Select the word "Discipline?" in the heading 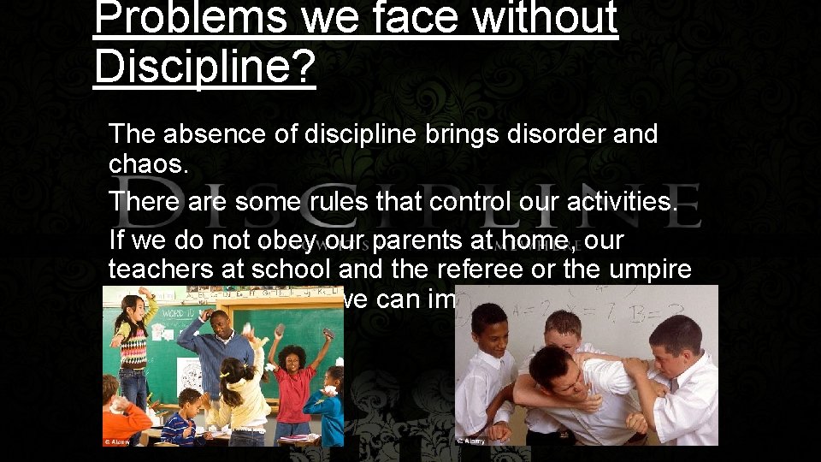point(205,67)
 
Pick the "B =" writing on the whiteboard point(676,305)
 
